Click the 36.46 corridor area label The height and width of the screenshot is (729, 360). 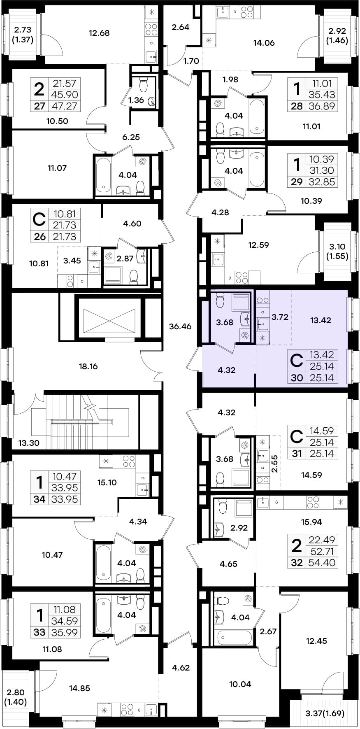[x=180, y=326]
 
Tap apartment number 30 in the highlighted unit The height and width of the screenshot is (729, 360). [x=297, y=377]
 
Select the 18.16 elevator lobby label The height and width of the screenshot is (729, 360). [x=88, y=366]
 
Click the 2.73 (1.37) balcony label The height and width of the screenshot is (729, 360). [x=23, y=35]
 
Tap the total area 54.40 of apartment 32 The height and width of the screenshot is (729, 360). [x=322, y=563]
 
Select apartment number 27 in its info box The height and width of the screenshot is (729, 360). [x=39, y=106]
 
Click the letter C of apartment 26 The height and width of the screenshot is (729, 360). [x=39, y=220]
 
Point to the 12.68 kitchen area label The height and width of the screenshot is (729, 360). [x=99, y=33]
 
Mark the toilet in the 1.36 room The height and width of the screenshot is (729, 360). [x=143, y=85]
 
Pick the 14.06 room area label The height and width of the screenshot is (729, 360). [x=264, y=43]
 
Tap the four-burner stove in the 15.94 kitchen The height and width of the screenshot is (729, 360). [x=313, y=502]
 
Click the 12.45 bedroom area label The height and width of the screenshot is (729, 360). [x=316, y=641]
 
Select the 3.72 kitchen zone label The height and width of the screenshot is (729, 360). [x=280, y=317]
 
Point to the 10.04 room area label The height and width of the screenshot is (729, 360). [x=240, y=684]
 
